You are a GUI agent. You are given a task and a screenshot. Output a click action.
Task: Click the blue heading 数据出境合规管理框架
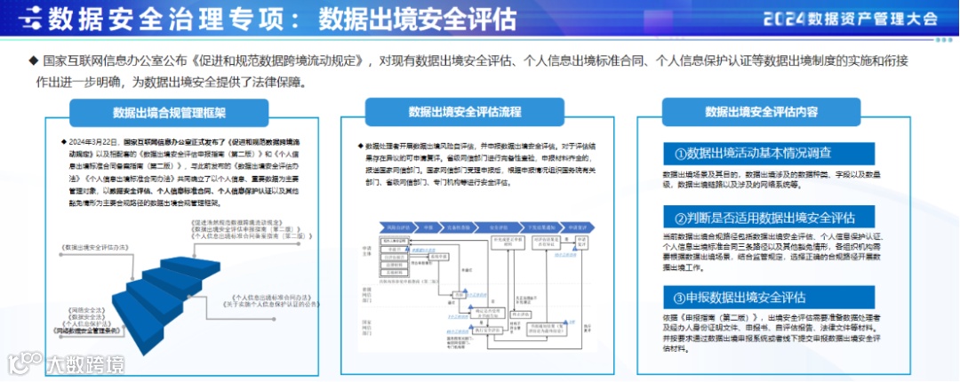169,113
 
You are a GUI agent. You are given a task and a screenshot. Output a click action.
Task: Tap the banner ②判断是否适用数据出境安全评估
764,218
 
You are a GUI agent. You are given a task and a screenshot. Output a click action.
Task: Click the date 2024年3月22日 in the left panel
93,142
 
